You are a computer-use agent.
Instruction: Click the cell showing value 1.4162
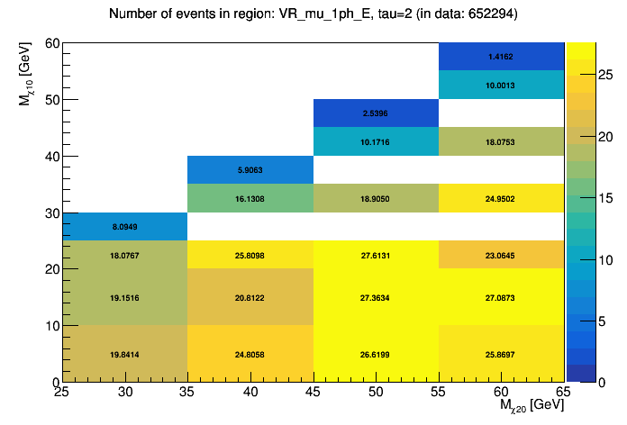(x=501, y=56)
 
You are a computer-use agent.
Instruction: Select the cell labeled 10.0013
(x=501, y=85)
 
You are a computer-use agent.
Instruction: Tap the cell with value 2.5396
(x=376, y=113)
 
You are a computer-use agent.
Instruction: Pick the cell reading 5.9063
(x=250, y=169)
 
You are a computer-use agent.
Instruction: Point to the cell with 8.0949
(x=124, y=227)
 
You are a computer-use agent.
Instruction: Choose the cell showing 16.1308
(x=250, y=198)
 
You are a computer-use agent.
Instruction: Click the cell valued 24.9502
(x=501, y=198)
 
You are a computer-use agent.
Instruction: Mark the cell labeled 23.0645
(x=501, y=256)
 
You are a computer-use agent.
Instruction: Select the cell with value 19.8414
(x=124, y=355)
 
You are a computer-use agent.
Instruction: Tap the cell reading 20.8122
(x=250, y=297)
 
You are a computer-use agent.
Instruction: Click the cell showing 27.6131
(x=376, y=256)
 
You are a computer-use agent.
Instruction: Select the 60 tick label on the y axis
(x=50, y=43)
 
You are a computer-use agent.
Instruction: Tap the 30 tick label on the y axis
(x=50, y=213)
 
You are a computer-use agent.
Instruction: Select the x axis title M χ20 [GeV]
(x=532, y=406)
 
